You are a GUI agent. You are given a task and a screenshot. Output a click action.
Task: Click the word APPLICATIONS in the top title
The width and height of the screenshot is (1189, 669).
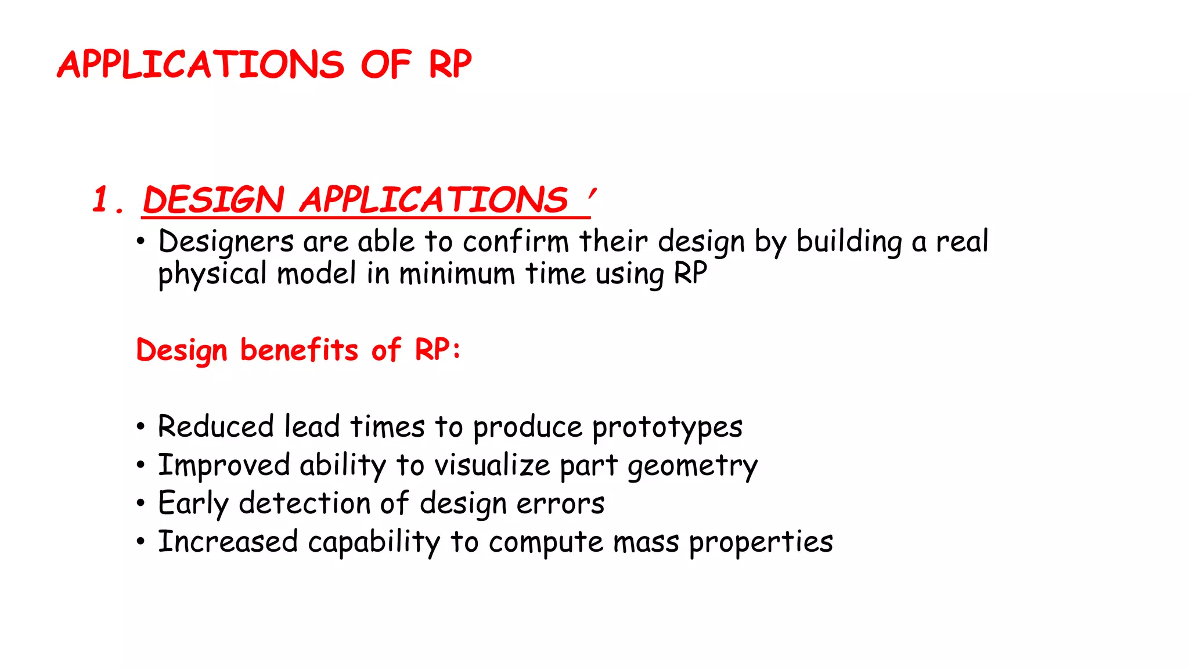pos(201,64)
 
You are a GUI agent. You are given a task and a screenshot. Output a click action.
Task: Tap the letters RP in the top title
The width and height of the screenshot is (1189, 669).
pos(450,64)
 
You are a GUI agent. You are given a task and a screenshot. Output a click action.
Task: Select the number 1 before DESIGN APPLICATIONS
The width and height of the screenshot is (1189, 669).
pos(102,200)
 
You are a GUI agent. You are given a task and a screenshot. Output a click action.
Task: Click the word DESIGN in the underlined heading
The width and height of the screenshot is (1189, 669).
pos(213,200)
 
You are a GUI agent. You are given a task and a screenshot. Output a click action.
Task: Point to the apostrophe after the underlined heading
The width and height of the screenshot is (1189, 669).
pos(592,194)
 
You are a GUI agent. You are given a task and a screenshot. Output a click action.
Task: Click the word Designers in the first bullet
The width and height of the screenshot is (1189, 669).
pos(226,242)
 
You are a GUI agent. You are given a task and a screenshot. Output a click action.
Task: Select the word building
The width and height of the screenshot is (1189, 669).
pos(849,242)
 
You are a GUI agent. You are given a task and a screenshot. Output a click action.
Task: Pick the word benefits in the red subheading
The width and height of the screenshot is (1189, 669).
pos(299,350)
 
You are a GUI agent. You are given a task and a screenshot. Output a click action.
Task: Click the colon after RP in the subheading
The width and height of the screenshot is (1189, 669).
pos(456,351)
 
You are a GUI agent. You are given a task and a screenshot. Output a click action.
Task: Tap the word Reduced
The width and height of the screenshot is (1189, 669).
pos(215,426)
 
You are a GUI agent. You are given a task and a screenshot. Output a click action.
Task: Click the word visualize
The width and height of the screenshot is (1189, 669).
pos(492,465)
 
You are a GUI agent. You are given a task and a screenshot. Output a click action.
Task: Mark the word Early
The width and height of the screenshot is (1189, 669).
pos(193,503)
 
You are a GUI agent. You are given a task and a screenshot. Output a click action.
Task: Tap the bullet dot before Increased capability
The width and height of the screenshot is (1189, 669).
pos(140,542)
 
